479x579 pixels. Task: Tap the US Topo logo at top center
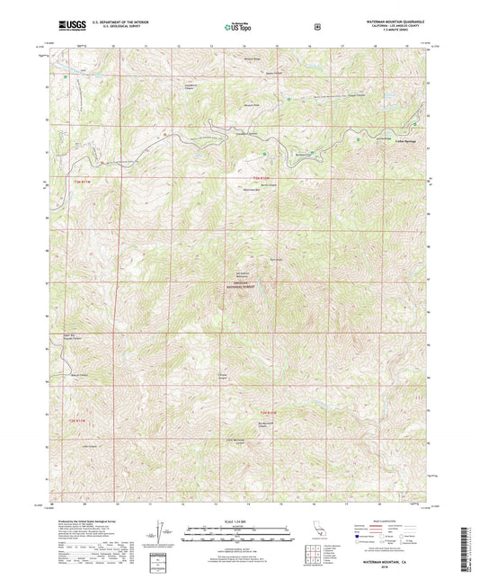(238, 28)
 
